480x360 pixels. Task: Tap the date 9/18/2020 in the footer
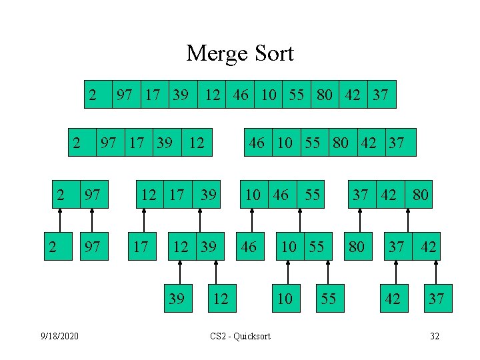(60, 336)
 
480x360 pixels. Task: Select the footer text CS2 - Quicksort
(240, 336)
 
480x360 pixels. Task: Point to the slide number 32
(434, 336)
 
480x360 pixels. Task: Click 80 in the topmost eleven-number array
(325, 95)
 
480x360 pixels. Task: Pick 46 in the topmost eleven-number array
(241, 95)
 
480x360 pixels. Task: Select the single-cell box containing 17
(141, 247)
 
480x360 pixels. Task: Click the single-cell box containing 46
(248, 247)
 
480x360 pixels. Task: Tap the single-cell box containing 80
(357, 247)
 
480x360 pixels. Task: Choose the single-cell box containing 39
(177, 298)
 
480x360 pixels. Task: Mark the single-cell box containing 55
(328, 298)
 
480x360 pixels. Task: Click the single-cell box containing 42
(393, 298)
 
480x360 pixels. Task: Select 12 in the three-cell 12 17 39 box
(149, 195)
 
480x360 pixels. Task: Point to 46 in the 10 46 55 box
(281, 195)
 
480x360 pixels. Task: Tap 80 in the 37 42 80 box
(420, 195)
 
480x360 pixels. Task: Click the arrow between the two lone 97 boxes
(93, 221)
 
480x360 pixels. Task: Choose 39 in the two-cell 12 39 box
(208, 247)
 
